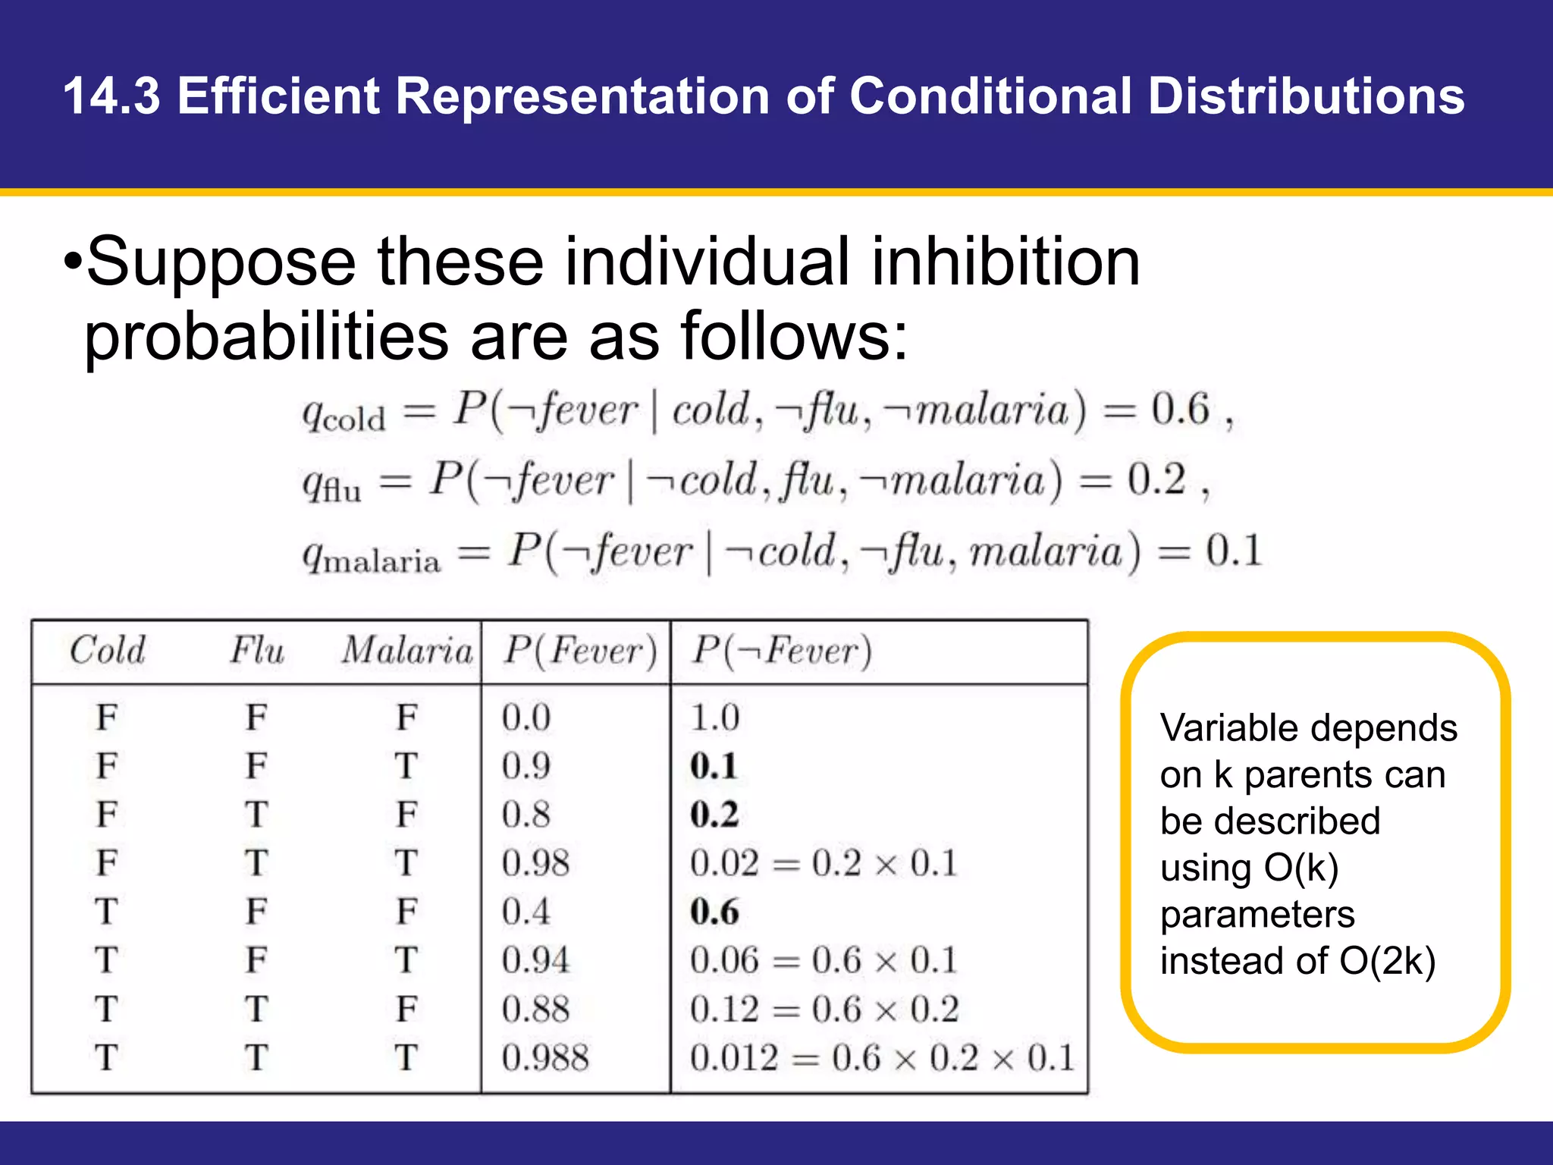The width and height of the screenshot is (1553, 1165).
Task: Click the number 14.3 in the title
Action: click(111, 96)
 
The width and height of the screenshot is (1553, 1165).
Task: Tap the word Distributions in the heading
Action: click(1306, 96)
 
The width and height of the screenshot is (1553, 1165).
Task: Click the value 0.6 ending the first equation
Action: click(1180, 410)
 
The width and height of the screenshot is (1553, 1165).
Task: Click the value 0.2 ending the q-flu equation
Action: click(1156, 480)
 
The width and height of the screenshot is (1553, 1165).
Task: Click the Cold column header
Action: click(107, 651)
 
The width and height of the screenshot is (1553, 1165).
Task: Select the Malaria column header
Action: click(407, 651)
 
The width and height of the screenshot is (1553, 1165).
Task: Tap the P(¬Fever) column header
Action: click(782, 651)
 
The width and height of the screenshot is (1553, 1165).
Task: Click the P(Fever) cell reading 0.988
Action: click(544, 1057)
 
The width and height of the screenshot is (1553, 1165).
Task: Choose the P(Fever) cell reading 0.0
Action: click(526, 718)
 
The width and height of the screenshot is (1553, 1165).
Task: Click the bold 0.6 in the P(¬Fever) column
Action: click(714, 912)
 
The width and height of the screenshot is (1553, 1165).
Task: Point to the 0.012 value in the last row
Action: click(733, 1057)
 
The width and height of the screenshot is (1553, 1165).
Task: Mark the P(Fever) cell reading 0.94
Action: click(535, 960)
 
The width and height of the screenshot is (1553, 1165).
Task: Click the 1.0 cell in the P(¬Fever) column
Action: click(714, 718)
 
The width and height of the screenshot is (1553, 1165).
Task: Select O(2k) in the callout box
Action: click(1387, 961)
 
